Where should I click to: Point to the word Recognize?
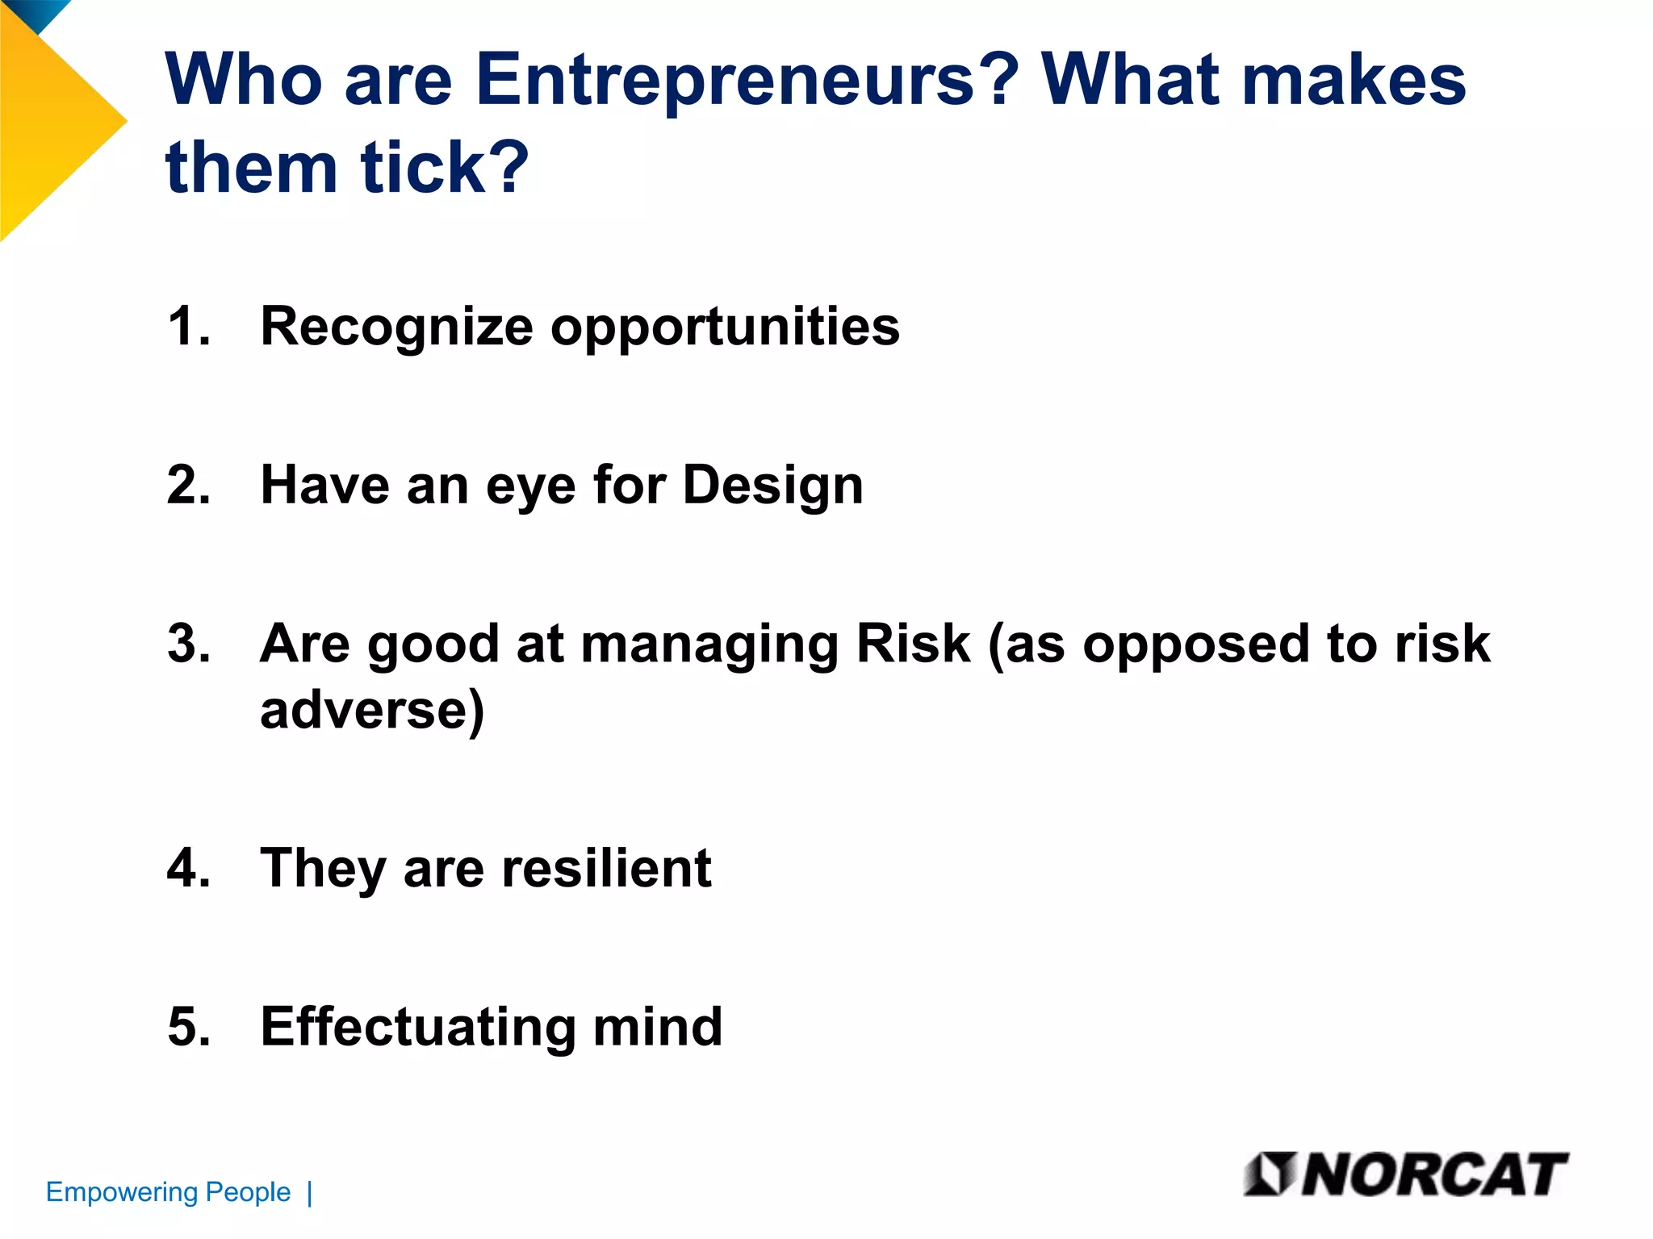tap(396, 327)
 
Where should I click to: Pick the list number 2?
tap(188, 486)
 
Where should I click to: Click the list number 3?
tap(188, 645)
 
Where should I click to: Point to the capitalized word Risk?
tap(913, 645)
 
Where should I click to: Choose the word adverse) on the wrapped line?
tap(372, 711)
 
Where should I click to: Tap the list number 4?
tap(188, 869)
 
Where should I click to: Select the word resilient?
tap(606, 869)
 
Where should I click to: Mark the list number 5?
tap(188, 1027)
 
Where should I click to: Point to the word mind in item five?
tap(658, 1027)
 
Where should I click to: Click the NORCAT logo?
tap(1405, 1174)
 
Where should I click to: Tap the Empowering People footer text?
tap(168, 1192)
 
